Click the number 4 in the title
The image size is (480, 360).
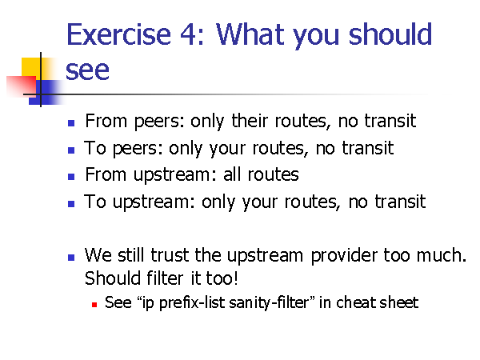[x=188, y=34]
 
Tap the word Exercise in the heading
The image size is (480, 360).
[x=118, y=34]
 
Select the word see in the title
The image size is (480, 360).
[x=87, y=70]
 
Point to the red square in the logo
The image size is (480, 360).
[x=22, y=86]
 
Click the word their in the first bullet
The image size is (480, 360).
[x=250, y=121]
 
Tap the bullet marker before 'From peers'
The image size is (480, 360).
[x=71, y=123]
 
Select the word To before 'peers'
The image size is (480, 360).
[x=95, y=148]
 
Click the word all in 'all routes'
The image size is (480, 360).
[x=233, y=174]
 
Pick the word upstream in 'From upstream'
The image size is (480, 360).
[x=172, y=176]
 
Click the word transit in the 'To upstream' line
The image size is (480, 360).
[x=401, y=202]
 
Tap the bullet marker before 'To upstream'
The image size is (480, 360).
[x=71, y=204]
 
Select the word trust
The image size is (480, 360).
[x=170, y=255]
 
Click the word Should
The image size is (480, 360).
[x=113, y=278]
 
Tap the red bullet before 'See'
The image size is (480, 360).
[x=94, y=305]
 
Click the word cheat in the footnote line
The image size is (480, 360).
[x=356, y=302]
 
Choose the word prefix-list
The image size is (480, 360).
[x=192, y=302]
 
